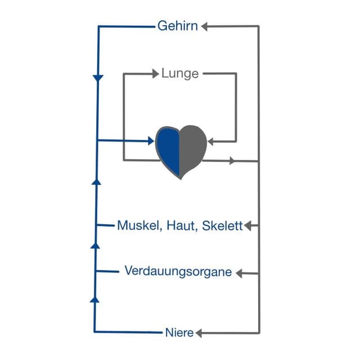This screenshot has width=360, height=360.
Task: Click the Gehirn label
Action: click(177, 26)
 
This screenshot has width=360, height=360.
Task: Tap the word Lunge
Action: click(179, 73)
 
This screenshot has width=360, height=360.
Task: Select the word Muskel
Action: click(138, 226)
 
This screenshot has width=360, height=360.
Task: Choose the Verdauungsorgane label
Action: click(178, 272)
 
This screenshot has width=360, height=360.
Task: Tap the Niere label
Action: click(180, 332)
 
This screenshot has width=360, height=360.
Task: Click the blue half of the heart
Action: click(168, 149)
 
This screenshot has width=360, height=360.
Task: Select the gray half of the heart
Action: click(192, 149)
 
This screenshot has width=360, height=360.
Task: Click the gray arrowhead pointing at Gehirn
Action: click(205, 26)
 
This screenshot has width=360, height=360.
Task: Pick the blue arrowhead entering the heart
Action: click(151, 141)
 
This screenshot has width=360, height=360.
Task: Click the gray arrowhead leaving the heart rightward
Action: click(232, 161)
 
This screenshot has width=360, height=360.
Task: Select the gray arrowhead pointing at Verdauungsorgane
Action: click(240, 273)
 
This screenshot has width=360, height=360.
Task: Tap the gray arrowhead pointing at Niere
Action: click(199, 333)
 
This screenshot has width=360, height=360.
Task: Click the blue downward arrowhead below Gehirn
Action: click(98, 77)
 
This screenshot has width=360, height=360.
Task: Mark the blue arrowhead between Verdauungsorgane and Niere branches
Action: click(94, 299)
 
